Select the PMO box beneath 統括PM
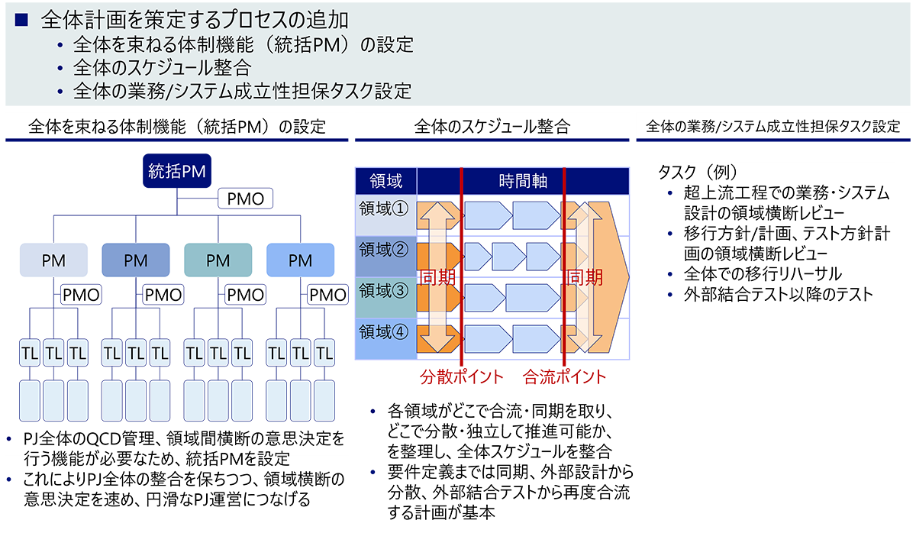pos(246,199)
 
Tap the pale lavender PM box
pos(53,260)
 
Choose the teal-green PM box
pos(218,260)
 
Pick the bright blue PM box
pos(300,260)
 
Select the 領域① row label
pos(384,208)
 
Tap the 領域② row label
pos(384,249)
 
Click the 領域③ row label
pos(384,291)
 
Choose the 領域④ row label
pos(384,332)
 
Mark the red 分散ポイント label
pos(463,376)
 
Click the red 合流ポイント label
pos(564,376)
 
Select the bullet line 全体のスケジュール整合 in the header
pos(162,68)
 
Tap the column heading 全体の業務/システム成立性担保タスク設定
pos(772,127)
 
